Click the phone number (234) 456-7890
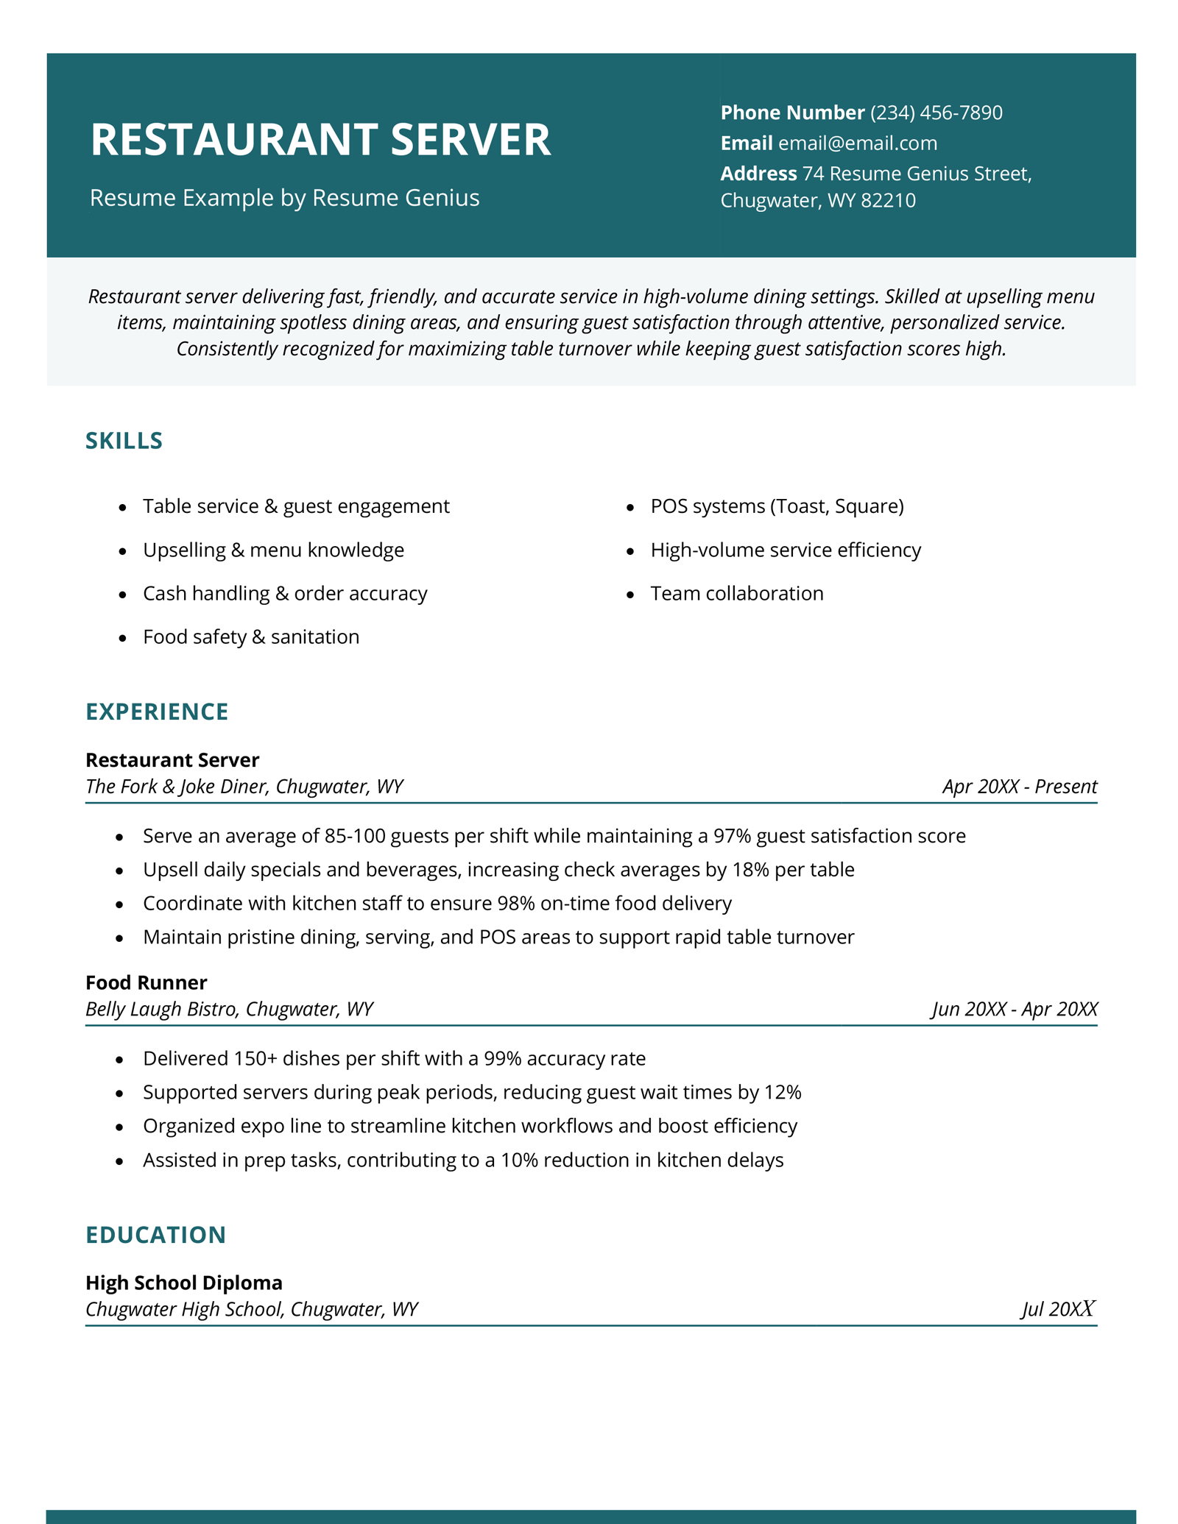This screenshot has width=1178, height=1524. click(x=936, y=113)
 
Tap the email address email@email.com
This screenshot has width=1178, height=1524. click(x=858, y=143)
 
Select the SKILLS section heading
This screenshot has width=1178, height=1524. click(x=124, y=441)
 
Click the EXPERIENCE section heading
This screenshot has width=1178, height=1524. click(x=157, y=712)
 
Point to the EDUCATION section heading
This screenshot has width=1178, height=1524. click(x=155, y=1235)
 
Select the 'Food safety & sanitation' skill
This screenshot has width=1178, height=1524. click(x=251, y=637)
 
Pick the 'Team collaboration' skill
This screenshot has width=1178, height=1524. click(x=737, y=593)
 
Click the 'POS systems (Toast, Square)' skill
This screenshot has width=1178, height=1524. click(x=777, y=506)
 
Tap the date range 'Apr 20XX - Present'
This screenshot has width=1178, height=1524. click(x=1019, y=787)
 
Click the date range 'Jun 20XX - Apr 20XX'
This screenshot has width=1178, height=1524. click(x=1015, y=1009)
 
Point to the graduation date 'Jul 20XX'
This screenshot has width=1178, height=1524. click(x=1058, y=1309)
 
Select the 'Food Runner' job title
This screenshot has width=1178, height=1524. click(x=147, y=982)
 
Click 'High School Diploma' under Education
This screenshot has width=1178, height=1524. click(x=184, y=1283)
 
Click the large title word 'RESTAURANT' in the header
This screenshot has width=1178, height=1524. click(x=234, y=139)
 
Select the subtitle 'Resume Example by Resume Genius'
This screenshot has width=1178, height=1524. click(x=284, y=198)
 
